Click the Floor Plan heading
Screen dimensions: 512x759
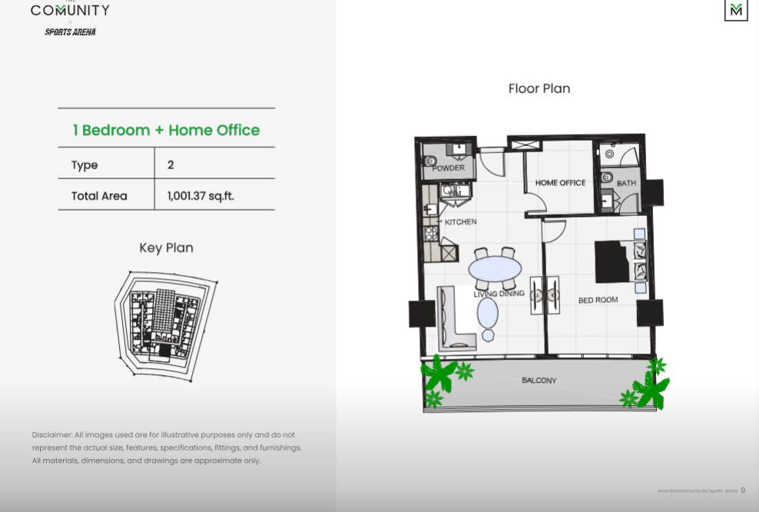click(539, 88)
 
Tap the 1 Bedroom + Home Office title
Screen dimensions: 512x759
click(166, 130)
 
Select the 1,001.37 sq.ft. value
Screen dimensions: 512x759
click(201, 195)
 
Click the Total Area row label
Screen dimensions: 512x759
click(99, 195)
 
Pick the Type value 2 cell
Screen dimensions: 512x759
click(171, 165)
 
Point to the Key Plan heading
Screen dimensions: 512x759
click(166, 248)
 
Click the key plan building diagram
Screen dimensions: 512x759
click(165, 324)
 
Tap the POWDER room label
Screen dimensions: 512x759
click(448, 168)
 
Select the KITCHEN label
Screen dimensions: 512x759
click(460, 221)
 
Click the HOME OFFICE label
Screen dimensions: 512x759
click(560, 183)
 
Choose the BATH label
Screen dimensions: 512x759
click(626, 183)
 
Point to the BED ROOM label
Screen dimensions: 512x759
click(598, 300)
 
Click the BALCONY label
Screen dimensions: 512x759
click(539, 381)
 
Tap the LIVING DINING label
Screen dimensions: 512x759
click(499, 293)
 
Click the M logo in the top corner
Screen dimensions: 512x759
click(736, 10)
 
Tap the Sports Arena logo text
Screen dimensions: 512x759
click(70, 32)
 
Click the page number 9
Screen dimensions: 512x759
click(743, 490)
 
